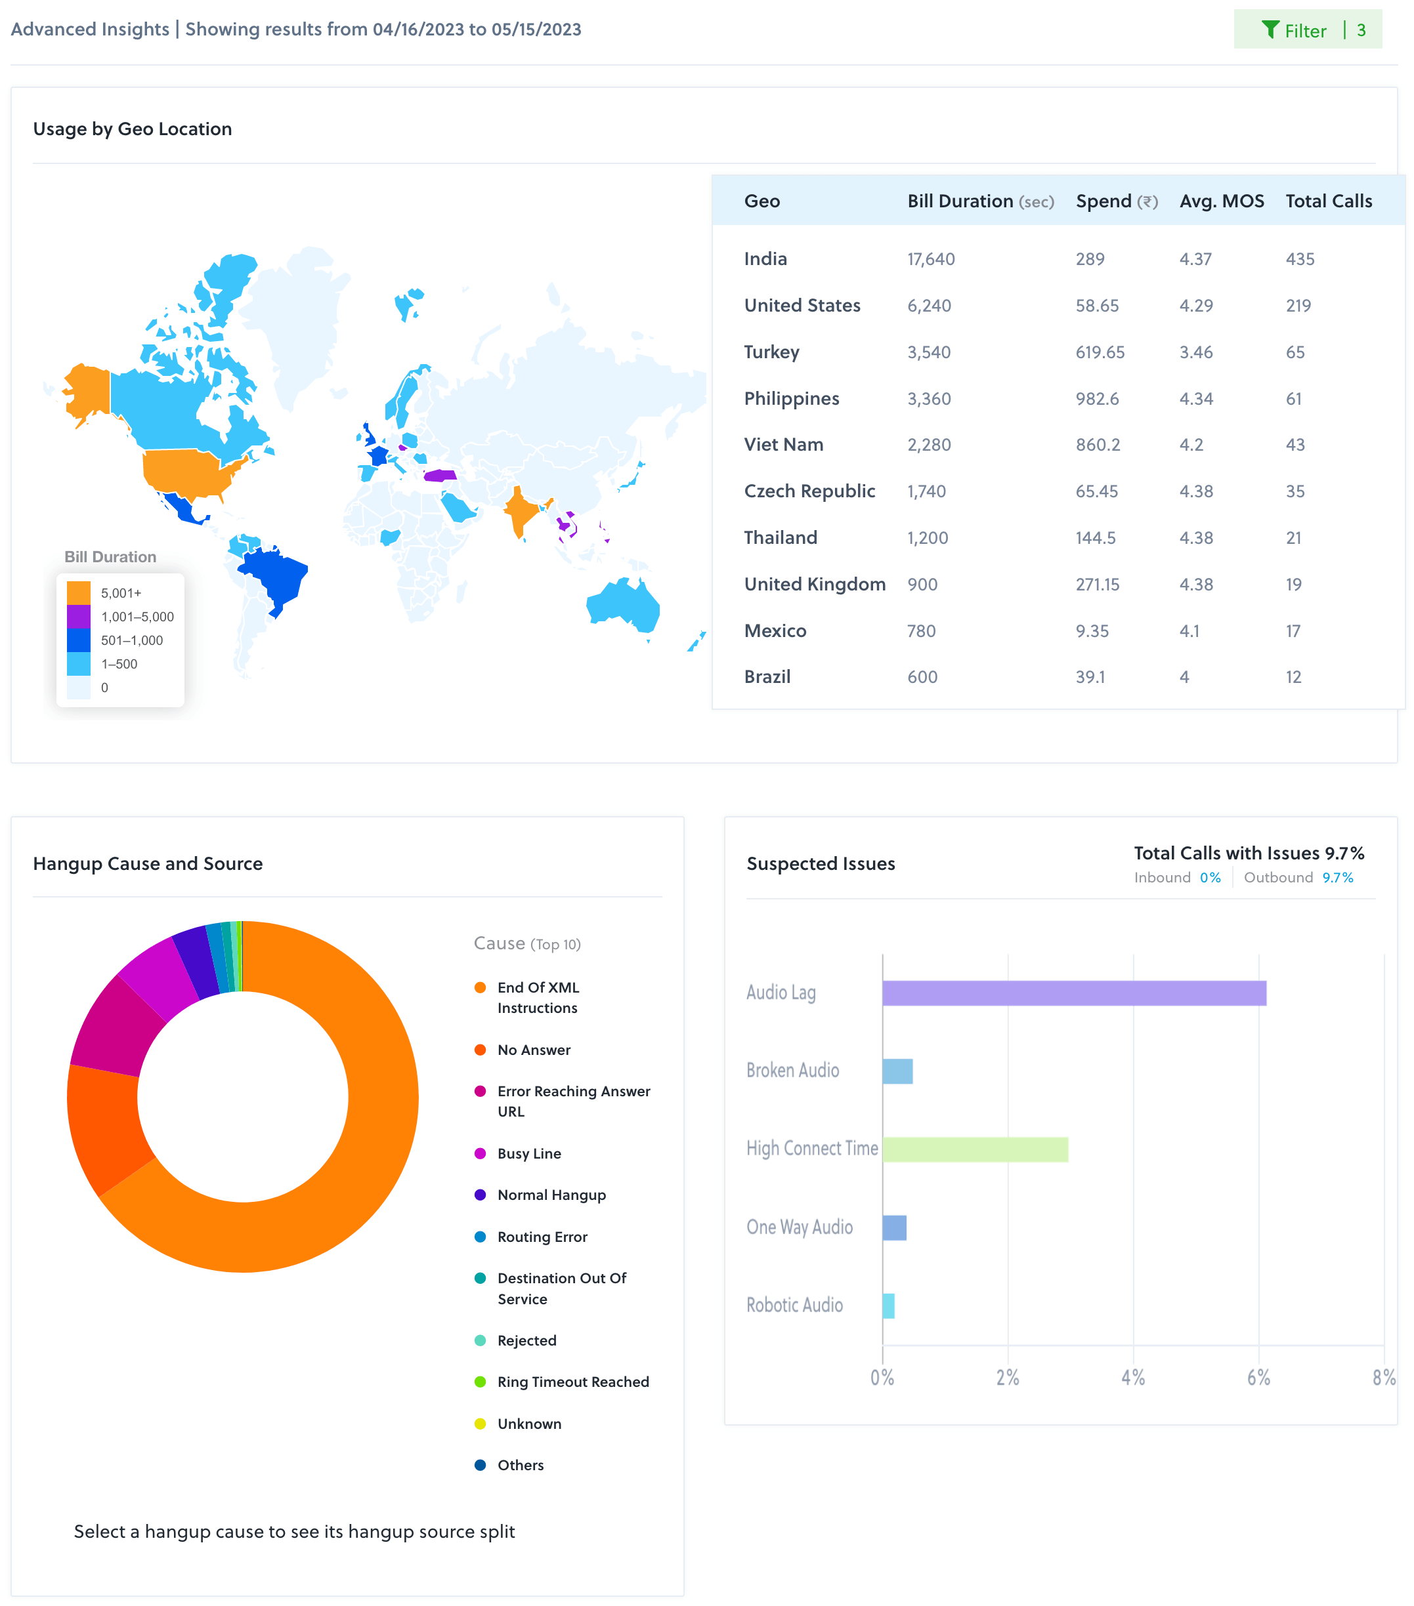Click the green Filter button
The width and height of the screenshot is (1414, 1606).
pos(1306,30)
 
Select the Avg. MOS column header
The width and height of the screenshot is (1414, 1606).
pos(1222,201)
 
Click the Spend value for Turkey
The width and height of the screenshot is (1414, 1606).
pos(1100,352)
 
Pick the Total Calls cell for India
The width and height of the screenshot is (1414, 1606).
pos(1300,259)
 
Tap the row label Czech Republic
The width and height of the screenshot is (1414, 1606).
pos(809,491)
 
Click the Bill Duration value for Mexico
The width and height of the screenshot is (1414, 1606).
pos(921,631)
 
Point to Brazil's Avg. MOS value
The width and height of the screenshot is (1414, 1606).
pos(1184,677)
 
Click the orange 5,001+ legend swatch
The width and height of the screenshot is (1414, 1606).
pos(79,592)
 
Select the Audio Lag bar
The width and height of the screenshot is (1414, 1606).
pos(1074,993)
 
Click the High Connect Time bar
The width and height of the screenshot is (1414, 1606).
pos(975,1149)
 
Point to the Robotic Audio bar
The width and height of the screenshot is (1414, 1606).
pos(888,1306)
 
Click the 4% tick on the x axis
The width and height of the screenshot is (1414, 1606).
pos(1132,1377)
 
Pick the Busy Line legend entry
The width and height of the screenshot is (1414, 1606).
pos(529,1153)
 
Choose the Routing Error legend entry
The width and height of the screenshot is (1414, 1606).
pos(542,1237)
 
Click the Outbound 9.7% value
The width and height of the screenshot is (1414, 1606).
pos(1337,878)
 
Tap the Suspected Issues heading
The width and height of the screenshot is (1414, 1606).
pos(821,863)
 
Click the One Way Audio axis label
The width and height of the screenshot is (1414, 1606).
pos(800,1227)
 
